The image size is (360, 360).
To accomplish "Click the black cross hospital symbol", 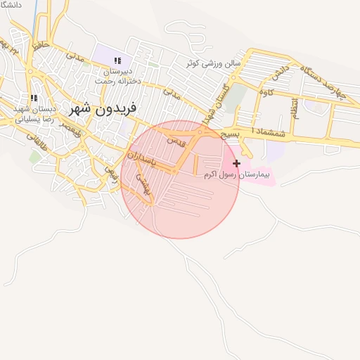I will [236, 163].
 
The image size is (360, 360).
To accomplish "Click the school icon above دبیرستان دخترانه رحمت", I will [117, 61].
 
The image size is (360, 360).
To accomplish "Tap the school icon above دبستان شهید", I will [33, 98].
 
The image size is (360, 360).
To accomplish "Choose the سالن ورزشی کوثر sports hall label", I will [213, 63].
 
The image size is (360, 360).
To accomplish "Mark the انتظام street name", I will [295, 115].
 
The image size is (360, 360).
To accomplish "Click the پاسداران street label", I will [146, 159].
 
